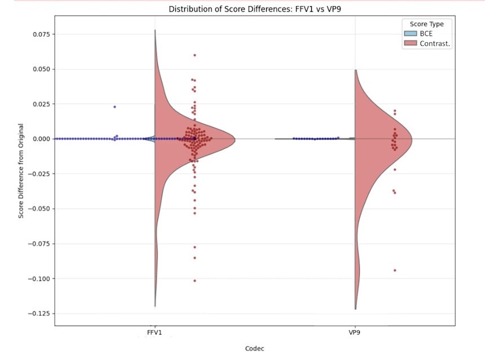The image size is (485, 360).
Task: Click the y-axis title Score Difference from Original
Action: [21, 171]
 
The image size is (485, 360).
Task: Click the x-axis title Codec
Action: [255, 348]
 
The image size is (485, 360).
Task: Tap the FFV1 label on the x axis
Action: [155, 333]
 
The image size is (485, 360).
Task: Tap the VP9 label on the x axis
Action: [355, 333]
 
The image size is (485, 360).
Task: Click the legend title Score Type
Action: [426, 24]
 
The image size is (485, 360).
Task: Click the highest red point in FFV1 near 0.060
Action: [195, 55]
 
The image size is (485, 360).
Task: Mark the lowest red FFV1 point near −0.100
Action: [195, 280]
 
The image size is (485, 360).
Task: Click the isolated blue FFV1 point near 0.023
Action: [114, 107]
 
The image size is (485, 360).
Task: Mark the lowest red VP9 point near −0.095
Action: [394, 270]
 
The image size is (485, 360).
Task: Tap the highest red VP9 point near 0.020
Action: [395, 111]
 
